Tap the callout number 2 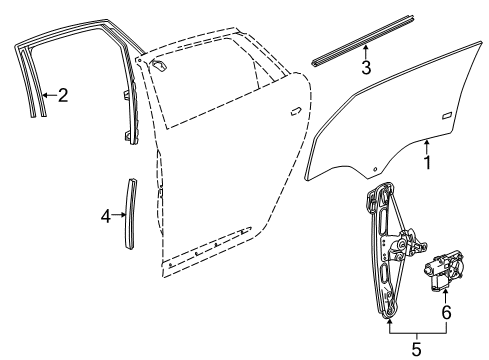(x=63, y=96)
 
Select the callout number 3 (x=367, y=68)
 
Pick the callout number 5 (x=417, y=349)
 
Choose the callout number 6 (x=446, y=312)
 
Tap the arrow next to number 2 (x=48, y=95)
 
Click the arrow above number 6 (x=446, y=295)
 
